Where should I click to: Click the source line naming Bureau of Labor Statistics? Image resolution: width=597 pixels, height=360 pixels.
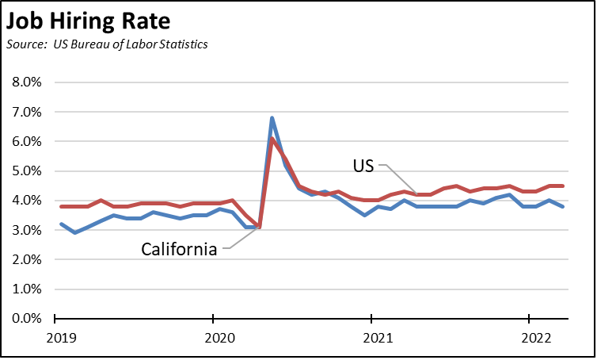click(x=108, y=44)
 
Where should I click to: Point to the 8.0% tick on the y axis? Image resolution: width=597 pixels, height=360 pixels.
click(x=26, y=82)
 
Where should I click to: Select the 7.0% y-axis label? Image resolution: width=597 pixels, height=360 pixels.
click(x=26, y=112)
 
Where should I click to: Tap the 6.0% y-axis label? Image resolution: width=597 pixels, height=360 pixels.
click(x=26, y=141)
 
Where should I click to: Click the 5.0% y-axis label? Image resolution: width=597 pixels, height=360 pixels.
click(x=26, y=171)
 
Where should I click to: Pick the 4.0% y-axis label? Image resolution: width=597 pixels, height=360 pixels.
click(x=26, y=201)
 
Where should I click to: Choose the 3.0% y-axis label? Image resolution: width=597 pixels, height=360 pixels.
click(x=26, y=230)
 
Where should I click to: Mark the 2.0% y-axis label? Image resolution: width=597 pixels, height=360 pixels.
click(x=26, y=259)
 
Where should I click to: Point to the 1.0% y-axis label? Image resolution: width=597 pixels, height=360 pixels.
click(x=26, y=289)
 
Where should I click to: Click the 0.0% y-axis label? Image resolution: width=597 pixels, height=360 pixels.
click(x=26, y=319)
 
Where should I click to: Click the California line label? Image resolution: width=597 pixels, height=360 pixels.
click(x=179, y=249)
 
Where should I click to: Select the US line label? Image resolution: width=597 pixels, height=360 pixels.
click(x=365, y=166)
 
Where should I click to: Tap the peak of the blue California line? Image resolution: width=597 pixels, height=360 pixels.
click(x=272, y=118)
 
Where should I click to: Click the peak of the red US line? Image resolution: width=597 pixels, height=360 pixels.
click(x=272, y=140)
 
